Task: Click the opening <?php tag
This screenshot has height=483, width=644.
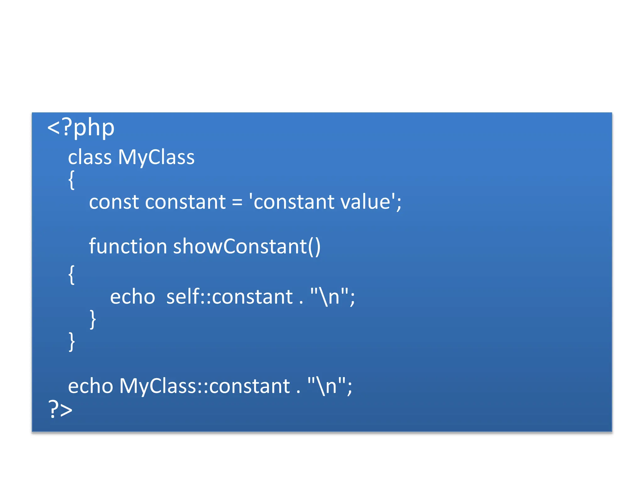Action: click(x=80, y=128)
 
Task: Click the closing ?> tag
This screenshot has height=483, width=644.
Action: click(x=60, y=409)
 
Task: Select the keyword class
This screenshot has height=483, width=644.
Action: click(x=90, y=157)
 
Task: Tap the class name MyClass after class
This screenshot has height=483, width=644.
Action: click(x=156, y=157)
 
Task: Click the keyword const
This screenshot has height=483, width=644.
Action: click(x=114, y=202)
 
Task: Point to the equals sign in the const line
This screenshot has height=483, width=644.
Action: click(x=237, y=203)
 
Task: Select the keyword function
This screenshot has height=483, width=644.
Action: click(x=128, y=246)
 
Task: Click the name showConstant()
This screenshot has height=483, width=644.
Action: click(x=247, y=246)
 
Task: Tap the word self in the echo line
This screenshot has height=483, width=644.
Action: click(x=183, y=297)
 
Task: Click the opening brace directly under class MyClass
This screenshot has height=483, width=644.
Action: click(x=72, y=180)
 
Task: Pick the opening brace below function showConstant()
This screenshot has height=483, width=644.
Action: click(x=72, y=275)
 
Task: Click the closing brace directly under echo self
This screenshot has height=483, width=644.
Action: click(x=92, y=319)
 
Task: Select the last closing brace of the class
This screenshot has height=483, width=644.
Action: click(x=72, y=341)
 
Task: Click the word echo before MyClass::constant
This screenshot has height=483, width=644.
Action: click(x=91, y=386)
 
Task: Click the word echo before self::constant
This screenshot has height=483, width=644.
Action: click(x=132, y=297)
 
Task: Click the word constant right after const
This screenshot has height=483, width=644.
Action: click(x=185, y=202)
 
